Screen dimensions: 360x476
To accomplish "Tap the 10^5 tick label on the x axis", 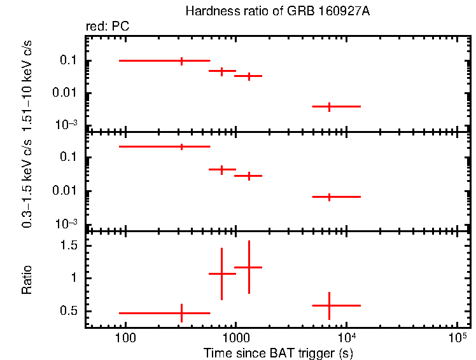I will point(456,335).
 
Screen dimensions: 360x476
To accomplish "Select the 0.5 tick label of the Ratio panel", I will point(69,311).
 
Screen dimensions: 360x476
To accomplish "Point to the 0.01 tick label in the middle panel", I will point(66,191).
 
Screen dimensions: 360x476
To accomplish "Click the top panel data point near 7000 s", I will point(329,106).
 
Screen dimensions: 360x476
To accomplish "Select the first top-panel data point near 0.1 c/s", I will point(182,61).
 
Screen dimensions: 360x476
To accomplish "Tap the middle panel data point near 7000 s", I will point(329,197).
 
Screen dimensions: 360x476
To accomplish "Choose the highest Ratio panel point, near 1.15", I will point(249,267).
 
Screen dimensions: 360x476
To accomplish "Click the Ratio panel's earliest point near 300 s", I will point(182,313).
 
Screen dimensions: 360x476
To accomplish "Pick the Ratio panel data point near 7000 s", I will point(329,305).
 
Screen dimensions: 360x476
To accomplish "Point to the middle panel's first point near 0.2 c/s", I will point(182,146).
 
